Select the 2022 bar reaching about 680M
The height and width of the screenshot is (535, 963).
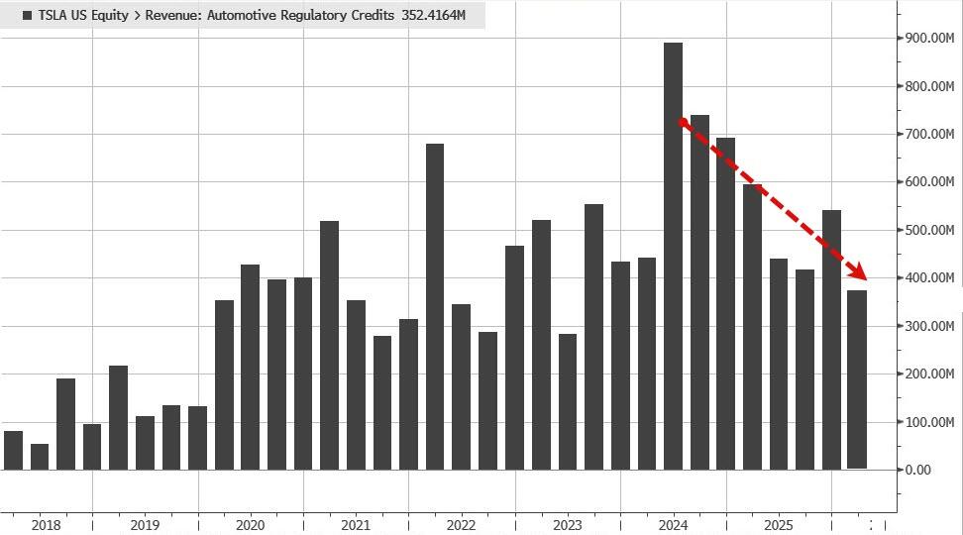coord(435,306)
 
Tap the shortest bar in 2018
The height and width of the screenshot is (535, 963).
coord(40,457)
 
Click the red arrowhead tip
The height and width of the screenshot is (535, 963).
coord(865,278)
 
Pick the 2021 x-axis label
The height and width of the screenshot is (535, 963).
coord(356,524)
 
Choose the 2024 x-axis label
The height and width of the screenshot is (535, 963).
coord(673,524)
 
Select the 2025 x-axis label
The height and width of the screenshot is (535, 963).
coord(779,524)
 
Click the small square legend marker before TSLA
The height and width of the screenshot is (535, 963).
coord(27,16)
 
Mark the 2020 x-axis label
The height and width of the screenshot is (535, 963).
coord(251,524)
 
